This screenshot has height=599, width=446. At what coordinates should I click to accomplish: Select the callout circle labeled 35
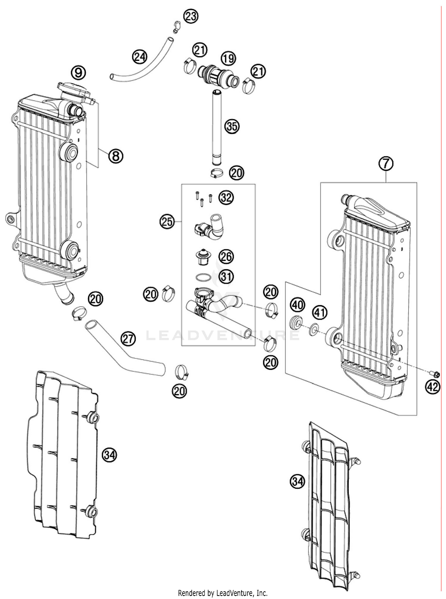point(232,126)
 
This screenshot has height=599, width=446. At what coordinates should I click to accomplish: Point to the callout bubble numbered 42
point(432,387)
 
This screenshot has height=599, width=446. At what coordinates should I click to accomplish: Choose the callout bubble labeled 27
point(128,339)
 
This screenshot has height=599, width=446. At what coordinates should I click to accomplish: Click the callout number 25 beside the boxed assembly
point(167,221)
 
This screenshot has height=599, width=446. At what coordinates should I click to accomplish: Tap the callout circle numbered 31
point(226,277)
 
